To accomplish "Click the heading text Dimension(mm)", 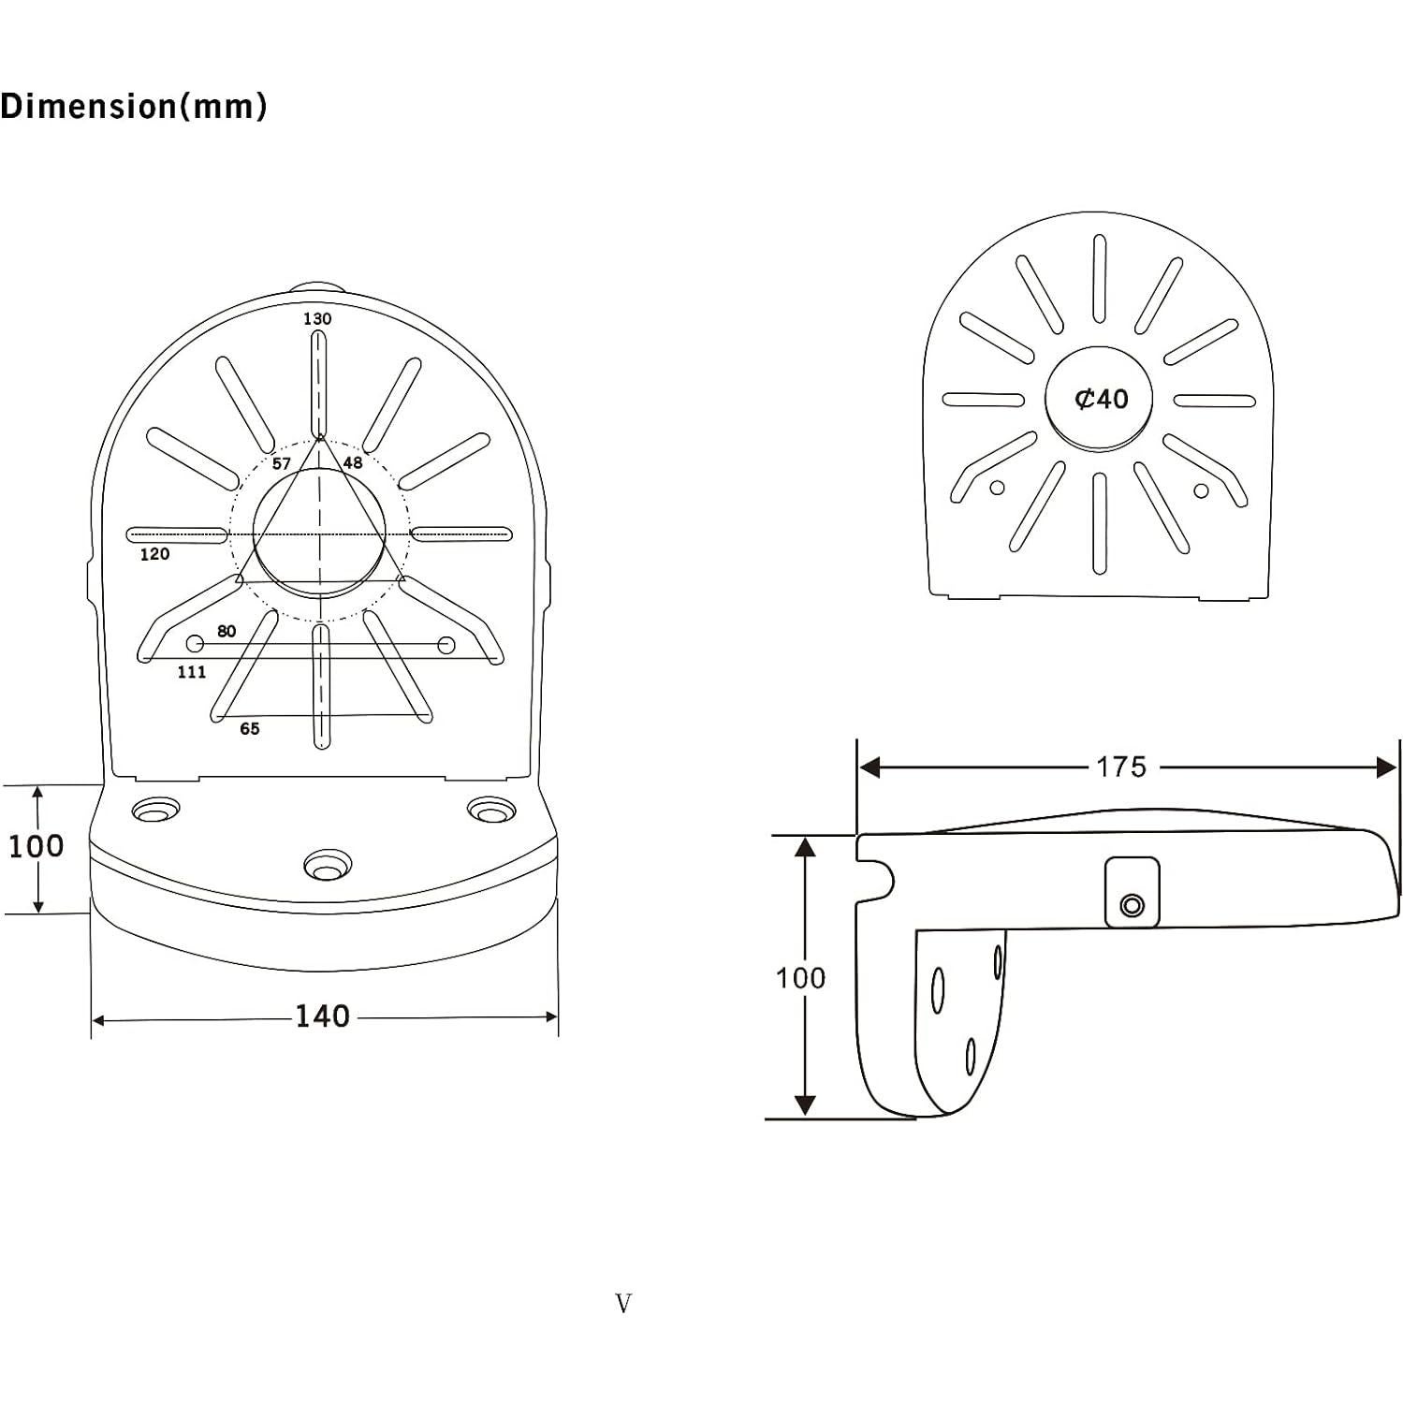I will click(x=134, y=107).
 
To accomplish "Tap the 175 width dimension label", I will click(x=1120, y=767).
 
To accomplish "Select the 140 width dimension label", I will click(x=322, y=1016).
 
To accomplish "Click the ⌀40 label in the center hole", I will click(x=1101, y=400).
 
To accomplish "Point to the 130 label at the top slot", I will click(x=317, y=319).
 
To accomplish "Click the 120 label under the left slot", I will click(x=154, y=554).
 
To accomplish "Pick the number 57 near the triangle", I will click(x=282, y=464).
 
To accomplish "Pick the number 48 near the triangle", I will click(x=353, y=463).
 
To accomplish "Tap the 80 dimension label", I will click(x=227, y=632).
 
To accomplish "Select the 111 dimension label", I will click(x=192, y=672).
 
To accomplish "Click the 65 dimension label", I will click(x=250, y=729).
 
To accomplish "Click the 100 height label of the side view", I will click(x=800, y=978).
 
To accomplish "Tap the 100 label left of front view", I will click(x=36, y=846).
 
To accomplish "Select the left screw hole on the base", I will click(x=154, y=811).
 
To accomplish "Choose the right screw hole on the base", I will click(x=490, y=811).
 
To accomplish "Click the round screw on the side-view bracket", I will click(x=1132, y=905).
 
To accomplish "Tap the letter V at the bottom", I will click(x=623, y=1303).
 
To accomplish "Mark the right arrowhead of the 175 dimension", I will click(x=1386, y=767).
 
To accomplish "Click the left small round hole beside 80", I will click(x=196, y=644).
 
